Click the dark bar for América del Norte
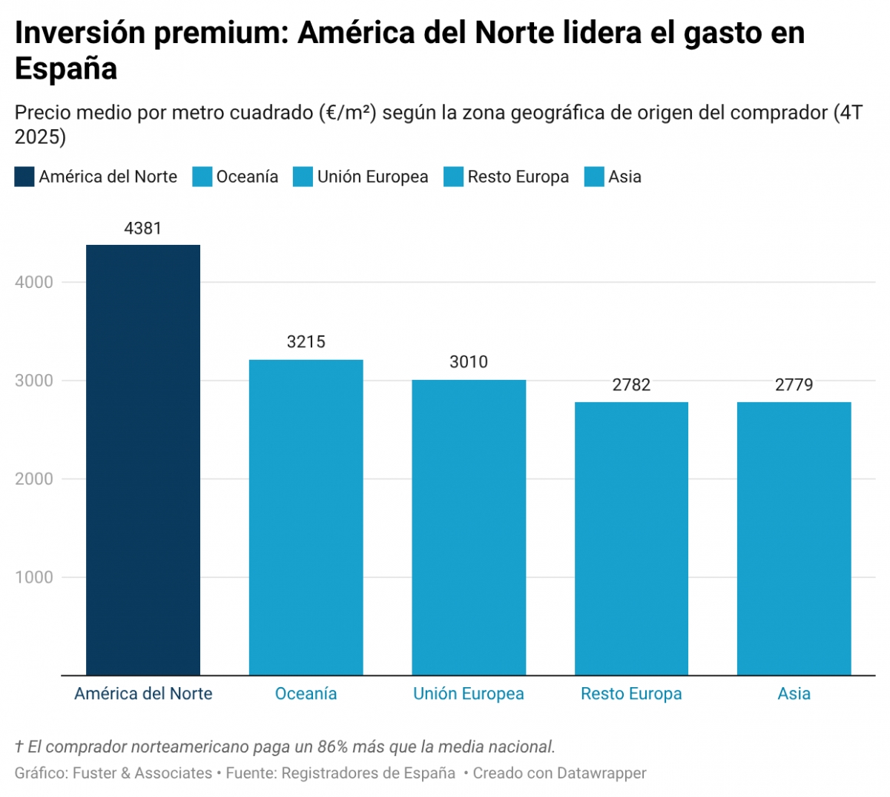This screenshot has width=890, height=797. click(143, 460)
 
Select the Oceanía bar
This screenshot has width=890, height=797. click(306, 517)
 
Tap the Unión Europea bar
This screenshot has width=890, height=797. click(469, 528)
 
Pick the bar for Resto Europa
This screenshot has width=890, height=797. click(631, 539)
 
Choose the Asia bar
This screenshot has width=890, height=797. click(794, 539)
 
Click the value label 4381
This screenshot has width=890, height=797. click(143, 229)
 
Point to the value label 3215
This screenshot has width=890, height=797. click(306, 342)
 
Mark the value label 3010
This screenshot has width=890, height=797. click(469, 362)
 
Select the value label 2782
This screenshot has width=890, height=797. click(631, 384)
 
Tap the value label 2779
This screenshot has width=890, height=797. click(794, 384)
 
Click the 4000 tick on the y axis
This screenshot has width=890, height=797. click(34, 282)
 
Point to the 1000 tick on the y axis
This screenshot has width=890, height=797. click(34, 577)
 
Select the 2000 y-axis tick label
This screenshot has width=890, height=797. click(34, 479)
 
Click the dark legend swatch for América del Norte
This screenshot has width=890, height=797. click(24, 177)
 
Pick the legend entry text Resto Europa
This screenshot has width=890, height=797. click(518, 177)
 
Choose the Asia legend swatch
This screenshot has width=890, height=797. click(594, 177)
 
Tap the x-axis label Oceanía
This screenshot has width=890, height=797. click(306, 694)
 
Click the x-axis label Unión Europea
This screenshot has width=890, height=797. click(469, 694)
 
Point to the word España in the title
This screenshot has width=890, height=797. click(66, 69)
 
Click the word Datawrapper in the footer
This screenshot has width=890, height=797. click(601, 773)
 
